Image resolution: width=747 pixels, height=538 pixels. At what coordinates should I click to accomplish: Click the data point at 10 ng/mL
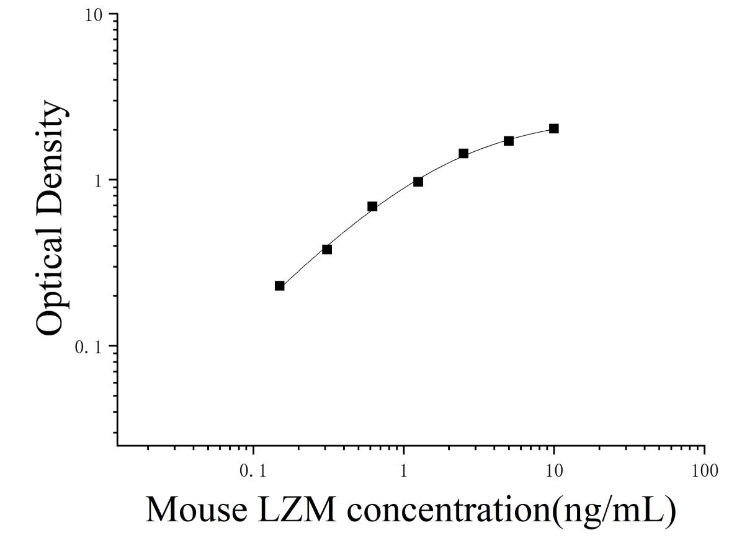click(554, 128)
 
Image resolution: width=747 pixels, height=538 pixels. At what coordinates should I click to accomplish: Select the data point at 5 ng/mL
click(509, 141)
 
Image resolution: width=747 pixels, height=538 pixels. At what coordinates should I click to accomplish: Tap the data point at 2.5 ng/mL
click(463, 154)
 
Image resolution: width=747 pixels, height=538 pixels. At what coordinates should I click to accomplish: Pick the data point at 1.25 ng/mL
click(418, 182)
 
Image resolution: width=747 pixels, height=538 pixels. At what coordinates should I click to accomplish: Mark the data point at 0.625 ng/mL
click(372, 206)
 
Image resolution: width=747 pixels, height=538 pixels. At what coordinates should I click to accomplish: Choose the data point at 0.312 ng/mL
click(327, 250)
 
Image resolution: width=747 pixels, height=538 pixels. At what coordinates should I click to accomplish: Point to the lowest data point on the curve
click(280, 286)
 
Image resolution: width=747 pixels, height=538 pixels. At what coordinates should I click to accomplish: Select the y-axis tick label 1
click(98, 182)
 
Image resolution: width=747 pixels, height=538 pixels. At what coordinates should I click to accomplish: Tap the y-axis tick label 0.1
click(88, 348)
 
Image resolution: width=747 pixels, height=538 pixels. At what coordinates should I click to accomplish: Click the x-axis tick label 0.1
click(253, 471)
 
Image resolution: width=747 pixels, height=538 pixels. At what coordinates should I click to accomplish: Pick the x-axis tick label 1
click(403, 471)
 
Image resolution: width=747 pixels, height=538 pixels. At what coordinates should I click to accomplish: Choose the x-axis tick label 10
click(554, 471)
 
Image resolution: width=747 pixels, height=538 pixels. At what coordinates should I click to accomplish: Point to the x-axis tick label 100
click(705, 471)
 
